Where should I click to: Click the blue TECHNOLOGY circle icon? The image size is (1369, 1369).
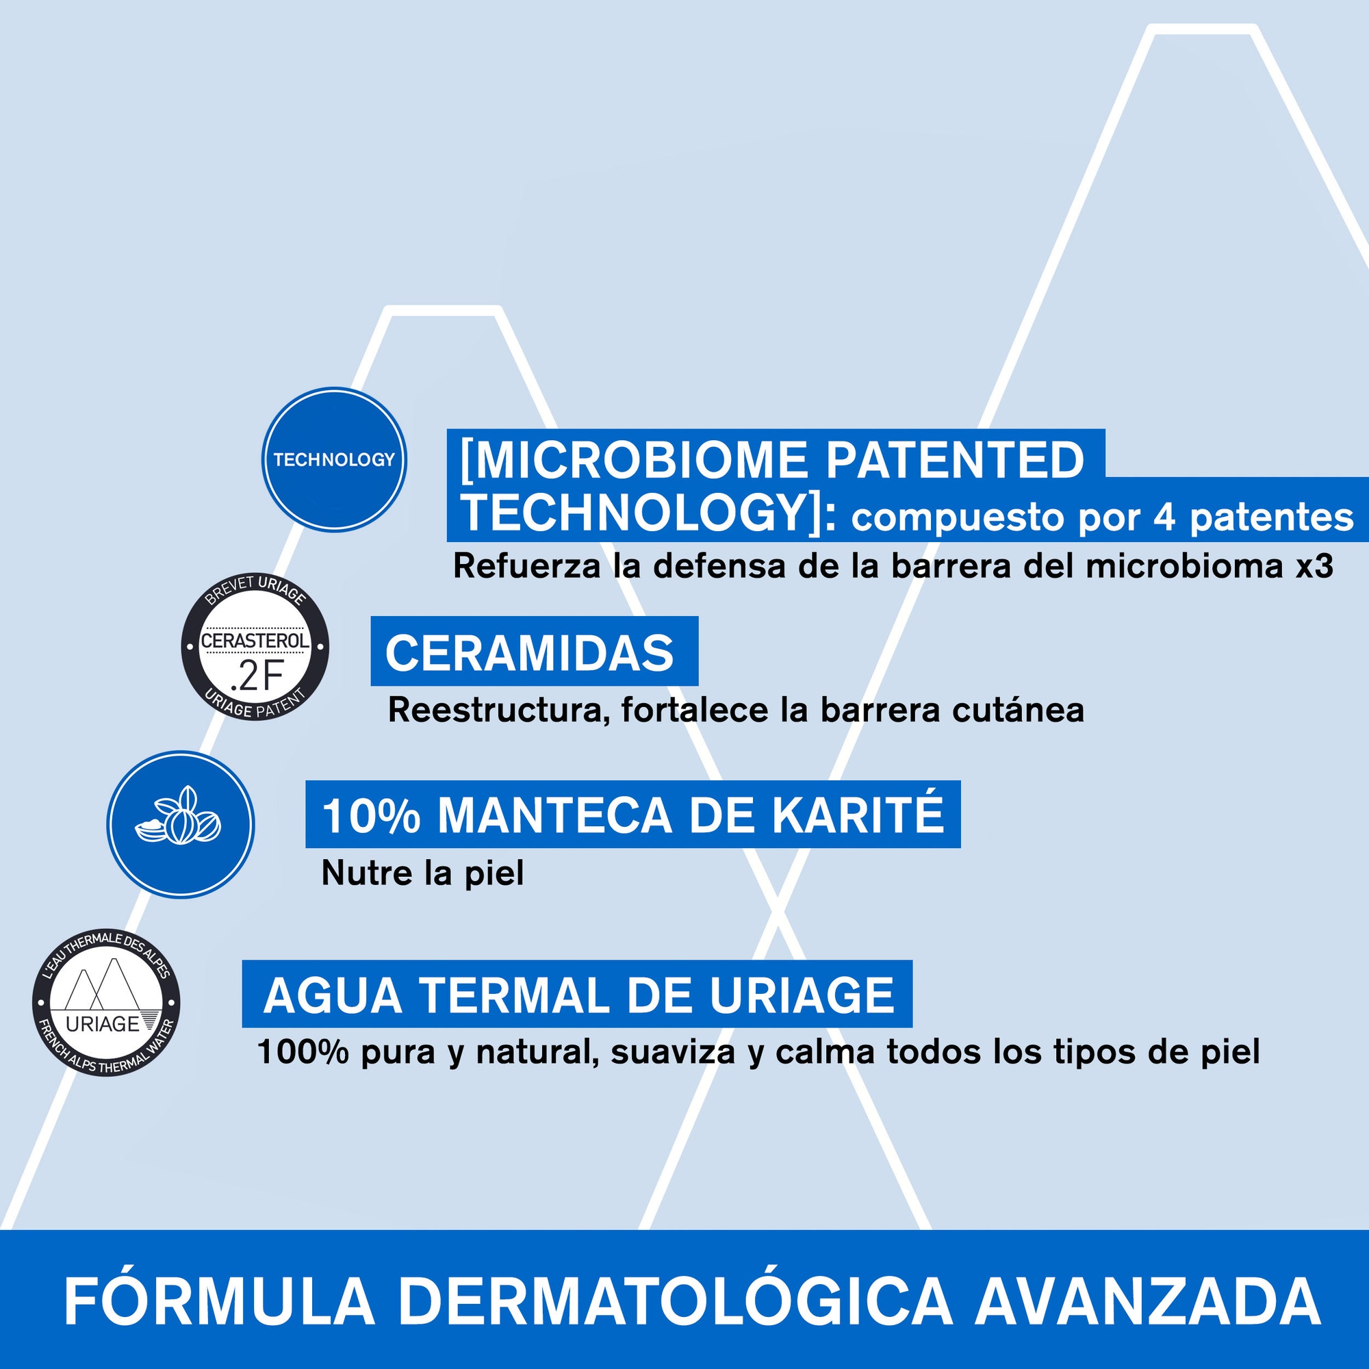pyautogui.click(x=334, y=459)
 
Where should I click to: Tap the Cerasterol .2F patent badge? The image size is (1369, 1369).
pyautogui.click(x=255, y=645)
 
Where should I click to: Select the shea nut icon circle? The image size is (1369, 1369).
pyautogui.click(x=180, y=825)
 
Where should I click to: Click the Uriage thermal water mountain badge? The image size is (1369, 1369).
pyautogui.click(x=106, y=1003)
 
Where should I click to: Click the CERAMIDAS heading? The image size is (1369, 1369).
pyautogui.click(x=529, y=653)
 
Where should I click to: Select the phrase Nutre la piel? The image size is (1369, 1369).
pyautogui.click(x=423, y=873)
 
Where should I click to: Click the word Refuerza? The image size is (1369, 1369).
pyautogui.click(x=528, y=566)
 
